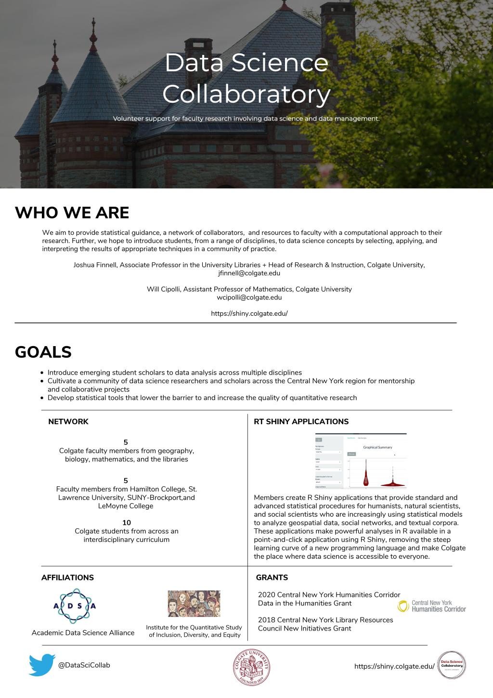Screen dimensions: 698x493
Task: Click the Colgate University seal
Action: [251, 667]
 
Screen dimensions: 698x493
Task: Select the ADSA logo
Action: [75, 606]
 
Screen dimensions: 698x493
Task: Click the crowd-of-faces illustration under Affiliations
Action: [194, 604]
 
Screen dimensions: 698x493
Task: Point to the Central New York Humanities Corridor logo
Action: [432, 606]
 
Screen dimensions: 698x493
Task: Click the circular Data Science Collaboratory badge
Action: [452, 665]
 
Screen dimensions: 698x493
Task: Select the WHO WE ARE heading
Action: [72, 213]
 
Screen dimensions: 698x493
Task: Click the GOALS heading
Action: [43, 352]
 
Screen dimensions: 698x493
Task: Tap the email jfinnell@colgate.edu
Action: [249, 273]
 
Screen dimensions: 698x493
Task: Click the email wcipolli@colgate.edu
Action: [249, 297]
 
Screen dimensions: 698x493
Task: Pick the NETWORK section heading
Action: [68, 421]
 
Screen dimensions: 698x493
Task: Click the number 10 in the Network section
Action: [127, 523]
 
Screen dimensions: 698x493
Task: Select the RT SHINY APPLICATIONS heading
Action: [301, 421]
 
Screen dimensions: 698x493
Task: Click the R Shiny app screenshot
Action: [361, 462]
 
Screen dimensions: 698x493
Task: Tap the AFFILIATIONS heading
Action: [67, 577]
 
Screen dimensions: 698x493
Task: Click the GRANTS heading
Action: [272, 577]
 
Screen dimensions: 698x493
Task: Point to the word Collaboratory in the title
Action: [246, 94]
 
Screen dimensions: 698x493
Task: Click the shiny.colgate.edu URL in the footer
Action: [394, 666]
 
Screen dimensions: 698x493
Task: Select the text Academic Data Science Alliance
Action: [83, 632]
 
